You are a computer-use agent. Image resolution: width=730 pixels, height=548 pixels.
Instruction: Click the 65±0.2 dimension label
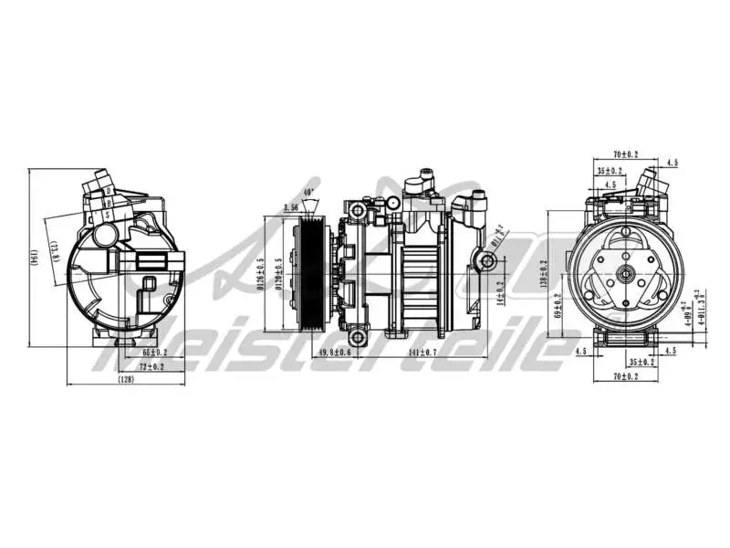point(154,352)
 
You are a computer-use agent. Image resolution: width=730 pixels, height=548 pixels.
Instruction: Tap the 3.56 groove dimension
point(291,208)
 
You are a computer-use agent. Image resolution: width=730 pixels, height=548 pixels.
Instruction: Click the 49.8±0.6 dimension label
point(336,352)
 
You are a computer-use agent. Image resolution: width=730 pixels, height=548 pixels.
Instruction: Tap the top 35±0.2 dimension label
point(610,170)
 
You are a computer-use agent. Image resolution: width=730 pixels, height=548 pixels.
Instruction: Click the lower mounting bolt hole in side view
point(489,263)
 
